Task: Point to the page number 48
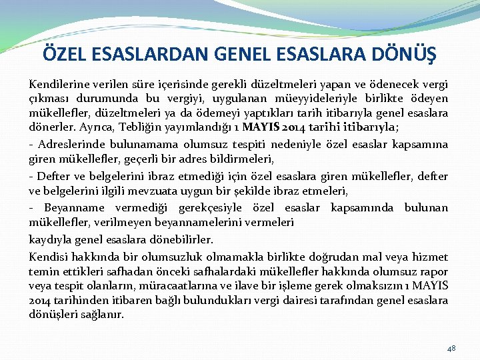point(451,348)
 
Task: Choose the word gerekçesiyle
point(217,208)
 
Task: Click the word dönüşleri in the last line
point(51,315)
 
